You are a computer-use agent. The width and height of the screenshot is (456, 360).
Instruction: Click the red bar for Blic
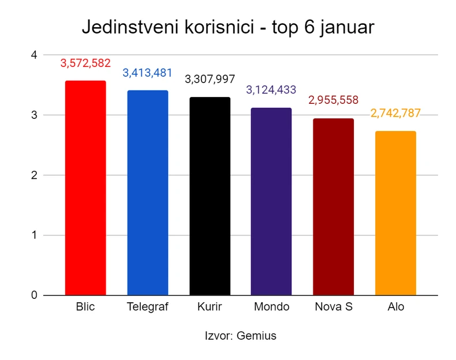point(85,188)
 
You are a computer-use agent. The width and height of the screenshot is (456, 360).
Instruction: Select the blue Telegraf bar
point(147,193)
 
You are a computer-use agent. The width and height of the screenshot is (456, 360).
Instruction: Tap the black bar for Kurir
point(210,196)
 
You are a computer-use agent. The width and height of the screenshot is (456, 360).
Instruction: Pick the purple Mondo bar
point(271,201)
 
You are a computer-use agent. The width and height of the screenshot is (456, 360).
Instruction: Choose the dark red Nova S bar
point(333,207)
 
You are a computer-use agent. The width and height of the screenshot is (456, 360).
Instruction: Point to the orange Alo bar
point(395,213)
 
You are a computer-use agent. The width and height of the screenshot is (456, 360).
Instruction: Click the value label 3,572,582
point(85,63)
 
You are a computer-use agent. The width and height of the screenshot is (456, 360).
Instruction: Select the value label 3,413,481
point(147,73)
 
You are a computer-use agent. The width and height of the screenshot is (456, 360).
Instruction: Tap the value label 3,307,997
point(210,79)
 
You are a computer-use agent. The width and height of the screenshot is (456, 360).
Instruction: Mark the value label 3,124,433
point(271,90)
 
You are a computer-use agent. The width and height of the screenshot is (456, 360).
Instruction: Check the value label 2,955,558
point(333,100)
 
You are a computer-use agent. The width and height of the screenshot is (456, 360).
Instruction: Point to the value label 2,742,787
point(395,113)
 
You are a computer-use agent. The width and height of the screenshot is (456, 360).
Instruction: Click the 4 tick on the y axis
point(34,55)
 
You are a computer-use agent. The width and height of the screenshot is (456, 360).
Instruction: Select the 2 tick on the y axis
point(34,175)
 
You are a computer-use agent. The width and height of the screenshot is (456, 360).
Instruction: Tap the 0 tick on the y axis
point(34,295)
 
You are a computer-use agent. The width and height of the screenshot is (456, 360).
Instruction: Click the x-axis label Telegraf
point(147,307)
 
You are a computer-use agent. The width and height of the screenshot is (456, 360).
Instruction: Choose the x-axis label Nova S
point(333,307)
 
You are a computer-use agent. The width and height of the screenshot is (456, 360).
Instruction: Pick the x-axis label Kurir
point(210,307)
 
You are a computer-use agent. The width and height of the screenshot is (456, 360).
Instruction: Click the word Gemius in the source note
point(257,336)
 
